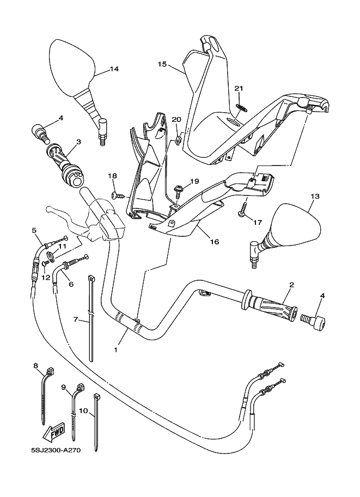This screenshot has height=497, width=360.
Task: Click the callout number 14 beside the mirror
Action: (x=114, y=69)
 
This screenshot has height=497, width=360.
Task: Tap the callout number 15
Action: (x=162, y=64)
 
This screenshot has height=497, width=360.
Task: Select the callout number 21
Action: (x=238, y=88)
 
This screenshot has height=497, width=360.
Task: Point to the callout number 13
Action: (x=315, y=196)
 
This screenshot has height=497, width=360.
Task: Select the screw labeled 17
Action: (x=243, y=210)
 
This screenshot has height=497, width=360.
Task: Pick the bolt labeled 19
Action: (x=177, y=192)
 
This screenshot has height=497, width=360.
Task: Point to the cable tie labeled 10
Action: (x=97, y=422)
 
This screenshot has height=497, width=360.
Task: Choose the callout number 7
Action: (x=77, y=320)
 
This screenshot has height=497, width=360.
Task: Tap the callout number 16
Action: (x=214, y=242)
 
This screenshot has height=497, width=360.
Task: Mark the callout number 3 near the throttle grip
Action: (x=78, y=142)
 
